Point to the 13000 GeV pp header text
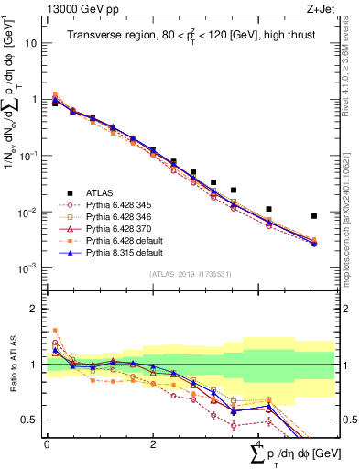click(73, 9)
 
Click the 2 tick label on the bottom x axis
click(152, 444)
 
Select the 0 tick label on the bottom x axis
click(47, 444)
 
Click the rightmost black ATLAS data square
click(314, 216)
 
